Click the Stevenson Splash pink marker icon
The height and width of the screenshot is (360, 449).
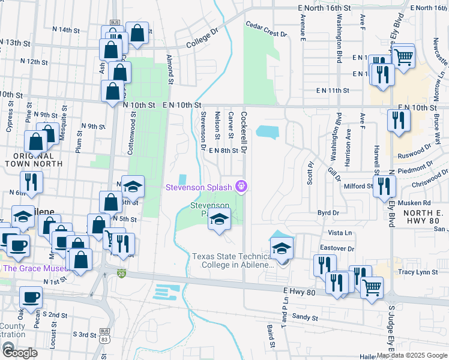coord(242,187)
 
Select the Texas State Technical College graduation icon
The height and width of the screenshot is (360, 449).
coord(282,247)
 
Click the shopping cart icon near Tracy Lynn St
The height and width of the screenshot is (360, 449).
coord(372,287)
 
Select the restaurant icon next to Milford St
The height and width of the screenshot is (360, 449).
coord(383,187)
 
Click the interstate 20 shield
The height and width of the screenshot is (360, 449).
coord(121,274)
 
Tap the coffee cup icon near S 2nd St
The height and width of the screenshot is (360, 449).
coord(30,296)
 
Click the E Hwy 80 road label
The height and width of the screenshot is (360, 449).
coord(299,290)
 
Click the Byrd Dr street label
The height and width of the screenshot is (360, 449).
coord(328,212)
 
